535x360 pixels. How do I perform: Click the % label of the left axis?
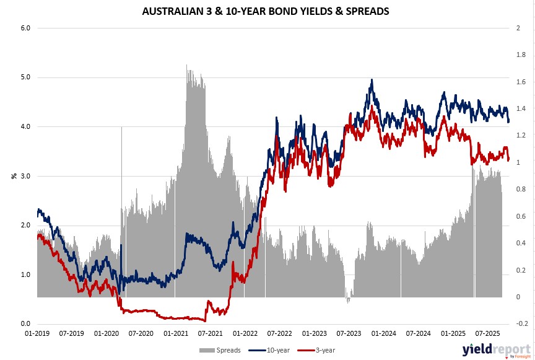click(13, 176)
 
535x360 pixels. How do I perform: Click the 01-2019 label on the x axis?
click(37, 333)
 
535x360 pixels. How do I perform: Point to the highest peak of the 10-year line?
click(372, 79)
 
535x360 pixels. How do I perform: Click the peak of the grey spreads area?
click(187, 65)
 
